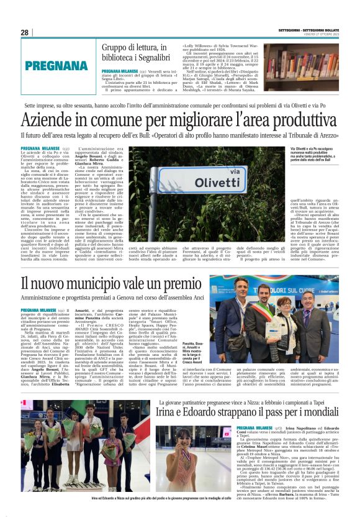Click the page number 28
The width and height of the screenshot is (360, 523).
point(24,32)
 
